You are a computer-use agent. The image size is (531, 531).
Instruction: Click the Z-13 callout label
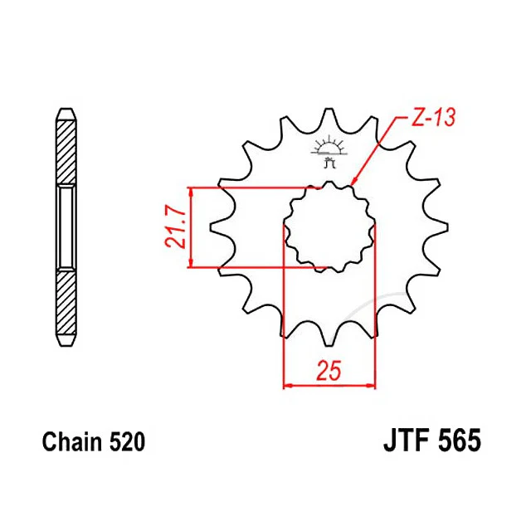click(x=433, y=117)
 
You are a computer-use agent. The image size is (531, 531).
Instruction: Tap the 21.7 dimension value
click(x=176, y=227)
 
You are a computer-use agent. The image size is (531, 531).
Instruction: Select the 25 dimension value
click(x=329, y=371)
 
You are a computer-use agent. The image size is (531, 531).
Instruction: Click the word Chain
click(x=72, y=441)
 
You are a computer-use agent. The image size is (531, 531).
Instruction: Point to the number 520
click(x=127, y=441)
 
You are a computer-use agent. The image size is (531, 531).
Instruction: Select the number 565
click(x=459, y=441)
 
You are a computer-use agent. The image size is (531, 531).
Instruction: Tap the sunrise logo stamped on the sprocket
click(x=329, y=151)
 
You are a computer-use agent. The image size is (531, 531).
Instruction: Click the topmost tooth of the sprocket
click(x=329, y=117)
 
